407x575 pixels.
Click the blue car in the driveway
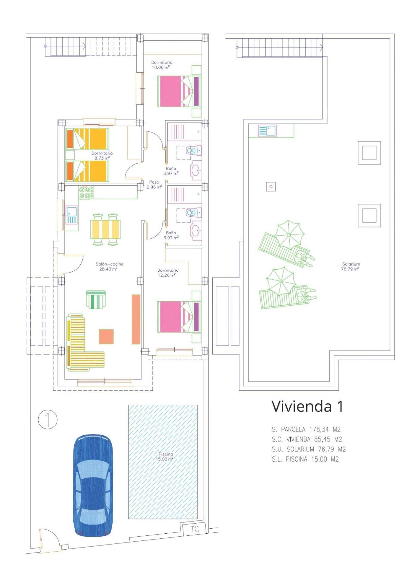93,486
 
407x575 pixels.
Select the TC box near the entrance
194,529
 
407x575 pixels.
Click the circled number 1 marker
48,420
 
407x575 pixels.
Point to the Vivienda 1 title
307,406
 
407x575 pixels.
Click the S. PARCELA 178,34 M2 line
306,429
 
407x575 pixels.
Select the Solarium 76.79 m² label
350,267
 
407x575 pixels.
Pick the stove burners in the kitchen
86,193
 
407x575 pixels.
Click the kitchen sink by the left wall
72,215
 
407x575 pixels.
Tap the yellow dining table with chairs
105,229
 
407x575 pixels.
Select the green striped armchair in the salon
96,299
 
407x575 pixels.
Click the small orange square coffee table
106,337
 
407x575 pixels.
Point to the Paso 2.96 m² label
154,185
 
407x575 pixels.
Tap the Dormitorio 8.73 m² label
102,155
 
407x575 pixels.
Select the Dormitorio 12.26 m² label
168,273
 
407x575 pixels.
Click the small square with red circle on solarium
271,187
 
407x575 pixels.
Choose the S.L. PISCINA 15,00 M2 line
305,459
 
